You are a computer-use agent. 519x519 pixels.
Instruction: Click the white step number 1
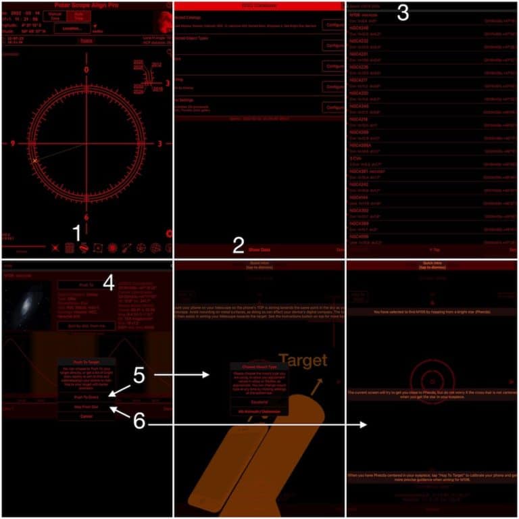pyautogui.click(x=77, y=233)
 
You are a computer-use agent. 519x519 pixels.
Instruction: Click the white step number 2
pyautogui.click(x=238, y=245)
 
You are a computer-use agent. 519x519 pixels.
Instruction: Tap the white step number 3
pyautogui.click(x=402, y=13)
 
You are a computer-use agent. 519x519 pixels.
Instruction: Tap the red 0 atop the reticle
pyautogui.click(x=86, y=70)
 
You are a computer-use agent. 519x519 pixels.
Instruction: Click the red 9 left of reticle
pyautogui.click(x=13, y=143)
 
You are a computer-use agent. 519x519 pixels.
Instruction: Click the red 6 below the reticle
pyautogui.click(x=86, y=218)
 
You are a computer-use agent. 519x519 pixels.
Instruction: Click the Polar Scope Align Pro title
pyautogui.click(x=85, y=5)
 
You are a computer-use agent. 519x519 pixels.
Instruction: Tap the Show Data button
pyautogui.click(x=259, y=249)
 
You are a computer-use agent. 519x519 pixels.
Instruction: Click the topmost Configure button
pyautogui.click(x=333, y=25)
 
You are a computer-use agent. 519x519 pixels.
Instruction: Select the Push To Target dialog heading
pyautogui.click(x=86, y=363)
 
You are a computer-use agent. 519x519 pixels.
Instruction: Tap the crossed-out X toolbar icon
pyautogui.click(x=55, y=248)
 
